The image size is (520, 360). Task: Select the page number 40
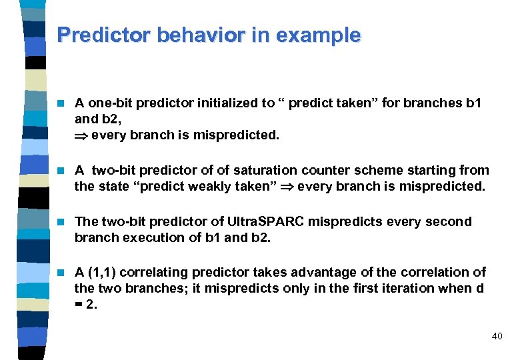pos(497,337)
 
